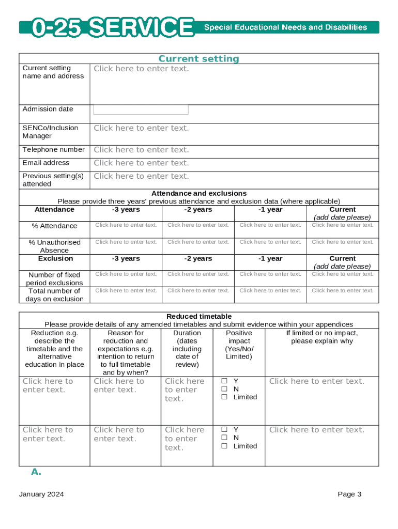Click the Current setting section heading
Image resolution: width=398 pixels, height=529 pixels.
coord(198,59)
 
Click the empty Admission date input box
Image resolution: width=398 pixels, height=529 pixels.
coord(141,110)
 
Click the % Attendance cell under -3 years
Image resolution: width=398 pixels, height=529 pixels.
coord(126,225)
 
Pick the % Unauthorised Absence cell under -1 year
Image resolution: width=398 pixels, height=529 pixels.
coord(270,242)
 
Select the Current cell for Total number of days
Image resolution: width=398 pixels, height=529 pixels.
coord(342,290)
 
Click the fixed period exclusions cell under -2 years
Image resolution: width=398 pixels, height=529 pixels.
coord(198,274)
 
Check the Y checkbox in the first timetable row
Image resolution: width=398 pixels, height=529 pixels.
coord(225,381)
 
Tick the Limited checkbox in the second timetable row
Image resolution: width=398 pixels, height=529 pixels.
coord(225,446)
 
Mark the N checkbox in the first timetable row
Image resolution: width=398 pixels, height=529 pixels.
coord(225,389)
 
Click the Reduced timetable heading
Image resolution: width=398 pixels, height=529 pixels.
coord(198,316)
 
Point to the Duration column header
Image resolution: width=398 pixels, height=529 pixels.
coord(187,333)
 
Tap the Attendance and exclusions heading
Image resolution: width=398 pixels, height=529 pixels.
coord(198,193)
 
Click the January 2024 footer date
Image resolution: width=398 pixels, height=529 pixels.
coord(41,494)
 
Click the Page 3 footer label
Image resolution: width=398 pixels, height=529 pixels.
coord(349,494)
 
